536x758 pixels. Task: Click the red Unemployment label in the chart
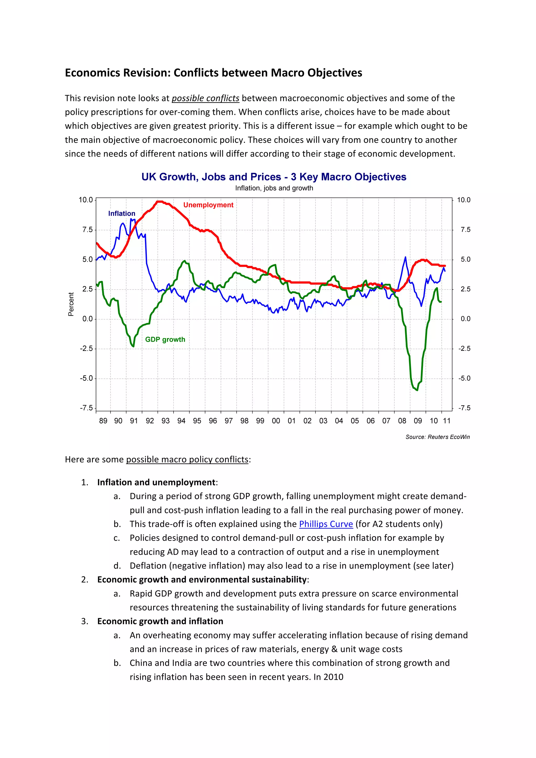[208, 205]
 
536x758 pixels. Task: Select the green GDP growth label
[165, 340]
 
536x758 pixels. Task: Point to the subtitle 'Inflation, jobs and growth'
[274, 188]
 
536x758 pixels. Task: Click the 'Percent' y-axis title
[71, 304]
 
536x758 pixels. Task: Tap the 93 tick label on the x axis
[165, 421]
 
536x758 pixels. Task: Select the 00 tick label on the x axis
[276, 421]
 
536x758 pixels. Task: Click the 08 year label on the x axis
[402, 421]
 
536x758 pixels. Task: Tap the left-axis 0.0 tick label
[87, 319]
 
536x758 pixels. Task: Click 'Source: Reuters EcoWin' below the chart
[437, 437]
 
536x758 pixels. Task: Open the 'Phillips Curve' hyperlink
[326, 524]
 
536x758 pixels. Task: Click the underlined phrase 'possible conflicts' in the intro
[205, 98]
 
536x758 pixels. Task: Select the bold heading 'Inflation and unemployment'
[156, 482]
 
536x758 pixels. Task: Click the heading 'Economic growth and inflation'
[160, 621]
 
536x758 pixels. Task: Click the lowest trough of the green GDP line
[417, 390]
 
